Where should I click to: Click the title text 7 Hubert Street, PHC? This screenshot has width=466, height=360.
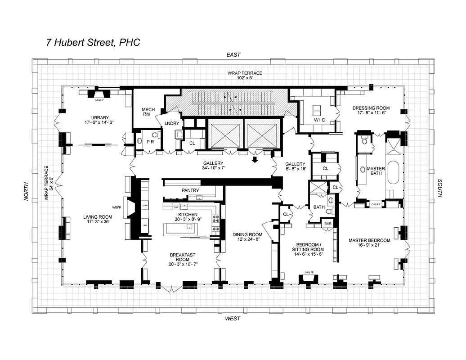click(x=93, y=43)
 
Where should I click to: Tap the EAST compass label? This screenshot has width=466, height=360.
click(x=233, y=54)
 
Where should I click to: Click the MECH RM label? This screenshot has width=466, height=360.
click(x=148, y=112)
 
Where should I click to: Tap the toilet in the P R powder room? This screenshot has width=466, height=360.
click(x=155, y=135)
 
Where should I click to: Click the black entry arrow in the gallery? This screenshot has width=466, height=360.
click(x=255, y=160)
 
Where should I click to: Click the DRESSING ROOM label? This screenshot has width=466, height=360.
click(x=371, y=108)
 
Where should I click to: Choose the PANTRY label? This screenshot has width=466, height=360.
click(x=190, y=190)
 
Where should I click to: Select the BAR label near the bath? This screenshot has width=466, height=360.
click(x=328, y=223)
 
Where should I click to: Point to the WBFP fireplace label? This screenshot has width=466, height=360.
click(x=117, y=207)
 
